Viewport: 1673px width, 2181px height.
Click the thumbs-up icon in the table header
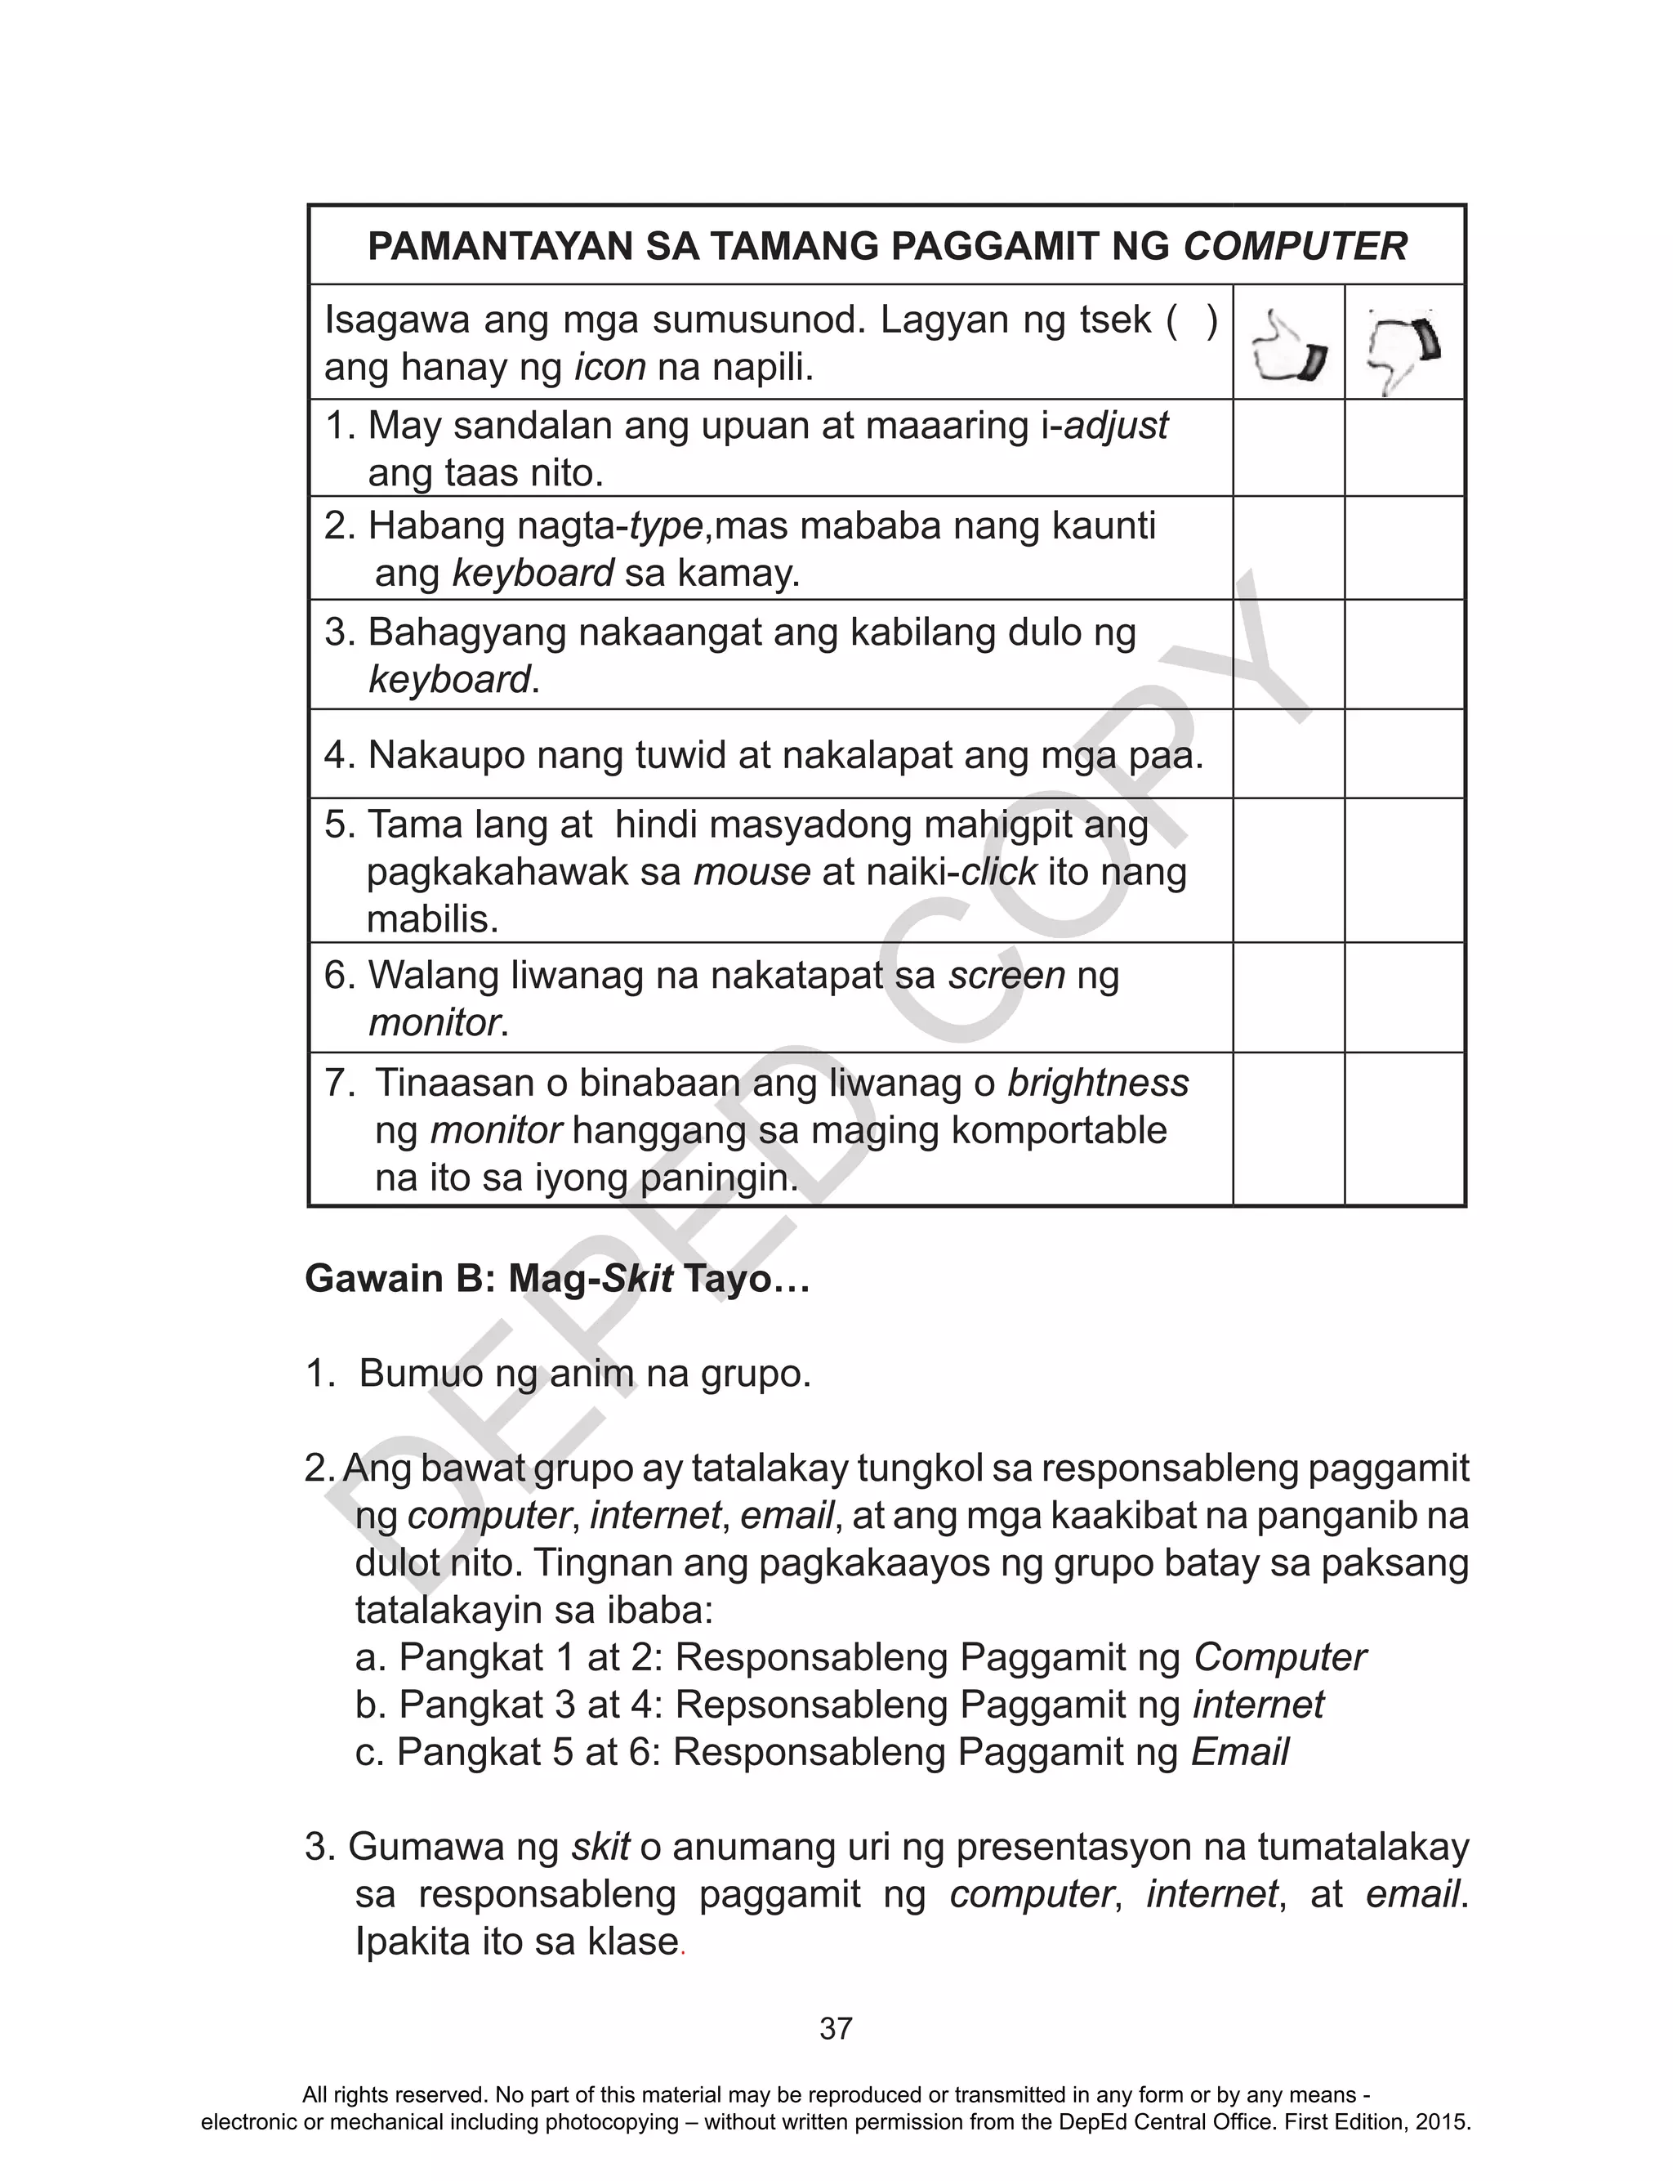coord(1287,345)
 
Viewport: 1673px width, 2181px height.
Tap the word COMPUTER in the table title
coord(1295,246)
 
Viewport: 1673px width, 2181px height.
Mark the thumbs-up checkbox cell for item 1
coord(1287,448)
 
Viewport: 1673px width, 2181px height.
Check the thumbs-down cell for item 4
coord(1404,754)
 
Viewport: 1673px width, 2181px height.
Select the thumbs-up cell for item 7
coord(1287,1128)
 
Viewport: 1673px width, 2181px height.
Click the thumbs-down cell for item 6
coord(1404,997)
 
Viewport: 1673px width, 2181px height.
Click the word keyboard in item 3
coord(449,680)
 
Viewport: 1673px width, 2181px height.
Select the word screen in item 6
coord(1006,975)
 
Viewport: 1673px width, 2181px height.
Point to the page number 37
coord(836,2029)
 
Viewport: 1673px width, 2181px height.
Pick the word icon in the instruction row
coord(610,369)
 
